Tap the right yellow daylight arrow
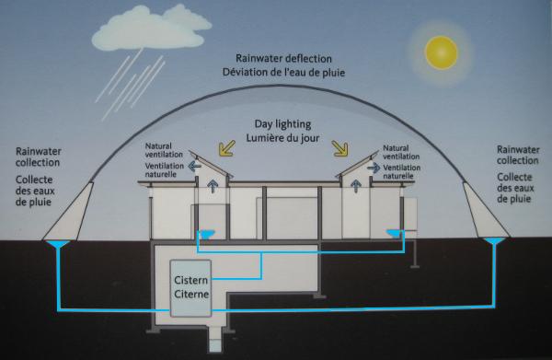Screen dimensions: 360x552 [x=341, y=147]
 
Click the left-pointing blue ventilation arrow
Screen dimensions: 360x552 [x=193, y=167]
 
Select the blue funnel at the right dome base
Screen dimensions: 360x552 [x=494, y=244]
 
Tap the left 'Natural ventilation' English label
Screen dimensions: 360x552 [x=166, y=151]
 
